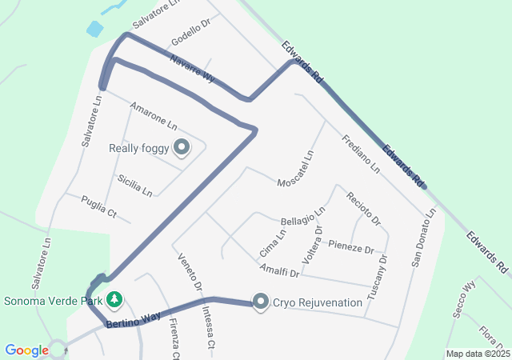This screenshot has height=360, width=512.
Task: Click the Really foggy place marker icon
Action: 182,146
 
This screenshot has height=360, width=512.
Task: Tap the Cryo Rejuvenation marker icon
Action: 261,302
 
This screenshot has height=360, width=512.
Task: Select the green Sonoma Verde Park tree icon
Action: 114,300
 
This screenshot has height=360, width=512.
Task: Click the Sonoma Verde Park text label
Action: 53,302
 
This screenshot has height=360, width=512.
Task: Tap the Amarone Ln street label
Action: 153,116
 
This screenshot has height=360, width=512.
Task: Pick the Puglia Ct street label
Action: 99,207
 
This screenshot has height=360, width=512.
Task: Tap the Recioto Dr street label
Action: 363,208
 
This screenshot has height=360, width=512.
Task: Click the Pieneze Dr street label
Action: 351,246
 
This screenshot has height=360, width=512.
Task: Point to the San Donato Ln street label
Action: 424,238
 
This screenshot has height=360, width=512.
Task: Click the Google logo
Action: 26,350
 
